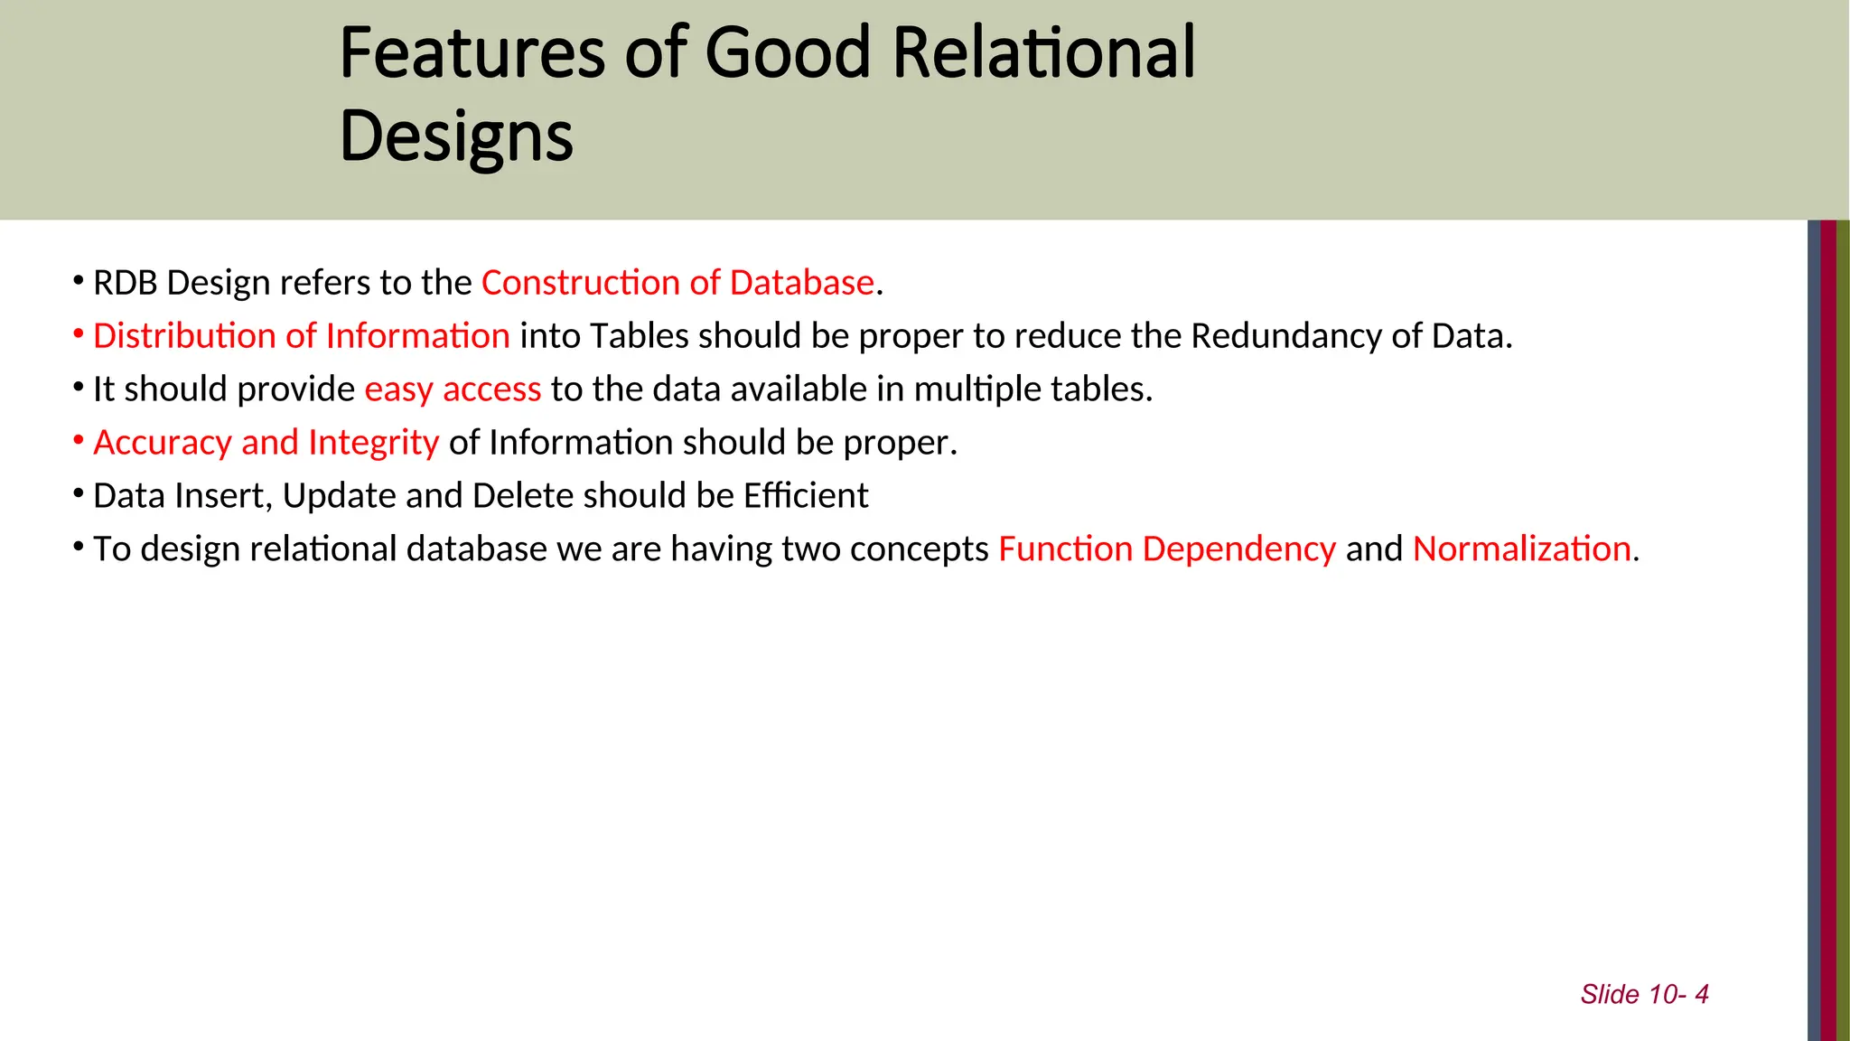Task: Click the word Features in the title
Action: pyautogui.click(x=472, y=53)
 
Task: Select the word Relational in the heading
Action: pyautogui.click(x=1043, y=53)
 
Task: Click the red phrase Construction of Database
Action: pyautogui.click(x=677, y=283)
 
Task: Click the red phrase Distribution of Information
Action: pyautogui.click(x=302, y=336)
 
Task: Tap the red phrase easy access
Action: pyautogui.click(x=453, y=389)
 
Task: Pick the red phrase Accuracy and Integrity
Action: pyautogui.click(x=266, y=443)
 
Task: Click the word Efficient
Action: pyautogui.click(x=805, y=496)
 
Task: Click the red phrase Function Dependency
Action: pyautogui.click(x=1166, y=549)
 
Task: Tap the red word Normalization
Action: pyautogui.click(x=1522, y=549)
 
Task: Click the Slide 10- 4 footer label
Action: pyautogui.click(x=1644, y=994)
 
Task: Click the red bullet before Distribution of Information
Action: pyautogui.click(x=79, y=334)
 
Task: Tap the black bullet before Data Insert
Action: pyautogui.click(x=79, y=494)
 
